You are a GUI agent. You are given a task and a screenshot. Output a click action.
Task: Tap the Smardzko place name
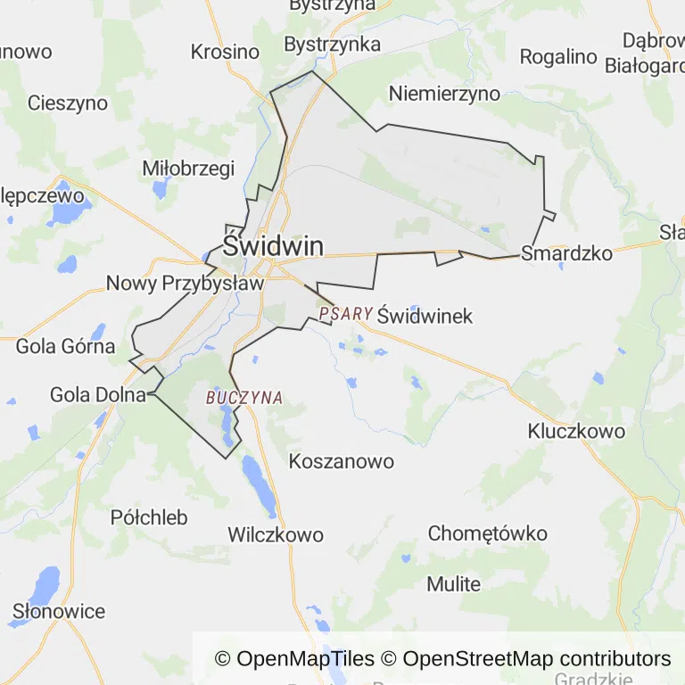click(566, 253)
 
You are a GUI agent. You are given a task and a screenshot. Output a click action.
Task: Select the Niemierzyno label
click(444, 94)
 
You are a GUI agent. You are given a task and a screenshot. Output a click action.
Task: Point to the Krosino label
click(225, 52)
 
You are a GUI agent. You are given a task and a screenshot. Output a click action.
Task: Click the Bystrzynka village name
click(332, 44)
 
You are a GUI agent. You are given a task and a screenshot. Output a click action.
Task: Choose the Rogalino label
click(557, 57)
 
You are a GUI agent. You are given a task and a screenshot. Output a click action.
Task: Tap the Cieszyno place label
click(68, 103)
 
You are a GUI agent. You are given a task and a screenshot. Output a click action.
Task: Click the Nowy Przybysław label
click(185, 284)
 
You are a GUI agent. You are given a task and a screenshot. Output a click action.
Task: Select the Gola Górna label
click(65, 346)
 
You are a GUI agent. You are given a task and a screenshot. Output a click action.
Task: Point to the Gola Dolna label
click(97, 394)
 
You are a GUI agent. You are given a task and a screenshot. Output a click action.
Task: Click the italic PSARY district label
click(344, 314)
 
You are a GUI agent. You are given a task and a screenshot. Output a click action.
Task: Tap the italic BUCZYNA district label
click(243, 398)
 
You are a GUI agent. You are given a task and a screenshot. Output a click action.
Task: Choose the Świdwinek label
click(425, 316)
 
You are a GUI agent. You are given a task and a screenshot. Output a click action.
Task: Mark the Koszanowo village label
click(342, 462)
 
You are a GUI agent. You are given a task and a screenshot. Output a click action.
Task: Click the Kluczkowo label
click(575, 431)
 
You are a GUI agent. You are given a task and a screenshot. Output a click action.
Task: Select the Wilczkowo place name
click(275, 535)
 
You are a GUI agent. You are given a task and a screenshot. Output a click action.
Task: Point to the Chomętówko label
click(487, 533)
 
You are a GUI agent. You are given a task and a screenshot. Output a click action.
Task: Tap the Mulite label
click(453, 584)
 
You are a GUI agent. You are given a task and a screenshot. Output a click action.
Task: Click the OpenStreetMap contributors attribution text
click(536, 659)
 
